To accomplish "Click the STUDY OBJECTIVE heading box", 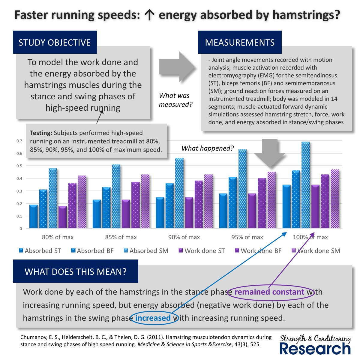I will coord(55,42).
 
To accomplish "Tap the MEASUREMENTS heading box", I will coord(240,42).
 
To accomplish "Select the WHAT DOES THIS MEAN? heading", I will coord(76,271).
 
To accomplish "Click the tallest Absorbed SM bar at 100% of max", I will coord(306,185).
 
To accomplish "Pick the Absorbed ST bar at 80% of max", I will coord(33,216).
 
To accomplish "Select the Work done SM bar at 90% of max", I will coord(208,201).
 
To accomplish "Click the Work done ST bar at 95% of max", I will coord(252,211).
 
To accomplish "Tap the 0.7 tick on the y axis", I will coord(19,141).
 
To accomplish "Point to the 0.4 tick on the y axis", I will coord(19,178).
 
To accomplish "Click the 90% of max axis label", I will coord(184,237).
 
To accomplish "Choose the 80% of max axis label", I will coord(58,237).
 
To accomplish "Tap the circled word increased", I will coord(153,318).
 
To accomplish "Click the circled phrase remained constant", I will coord(269,292).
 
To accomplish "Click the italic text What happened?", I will coord(208,148).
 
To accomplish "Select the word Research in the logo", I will coord(315,349).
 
